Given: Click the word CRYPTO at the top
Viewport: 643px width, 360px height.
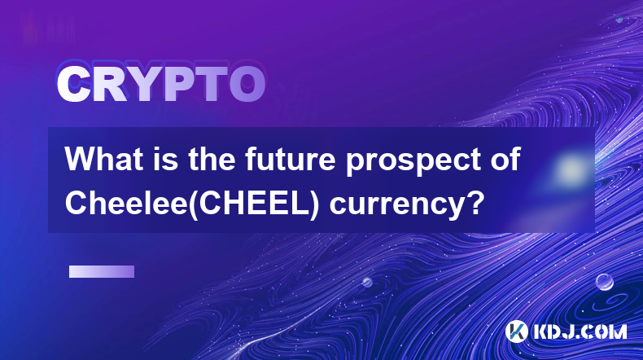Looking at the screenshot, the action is [x=161, y=84].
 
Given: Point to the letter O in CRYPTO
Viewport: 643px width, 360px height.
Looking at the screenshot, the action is [x=247, y=84].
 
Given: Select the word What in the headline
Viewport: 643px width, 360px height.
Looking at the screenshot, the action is [x=104, y=159].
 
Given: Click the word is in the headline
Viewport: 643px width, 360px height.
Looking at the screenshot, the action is [x=166, y=159].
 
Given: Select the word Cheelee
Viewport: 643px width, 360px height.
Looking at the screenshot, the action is [x=126, y=203].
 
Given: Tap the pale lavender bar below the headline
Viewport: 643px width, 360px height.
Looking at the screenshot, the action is [x=102, y=272].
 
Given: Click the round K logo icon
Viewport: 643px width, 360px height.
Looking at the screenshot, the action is [x=517, y=331].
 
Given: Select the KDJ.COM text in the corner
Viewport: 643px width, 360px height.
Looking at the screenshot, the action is [x=580, y=331].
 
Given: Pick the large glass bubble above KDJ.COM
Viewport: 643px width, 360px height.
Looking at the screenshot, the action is [x=604, y=282].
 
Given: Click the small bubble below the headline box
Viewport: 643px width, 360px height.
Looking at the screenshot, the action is [x=366, y=282].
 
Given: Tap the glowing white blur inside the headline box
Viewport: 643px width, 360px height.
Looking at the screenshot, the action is [x=571, y=169].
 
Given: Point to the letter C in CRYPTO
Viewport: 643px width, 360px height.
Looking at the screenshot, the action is [x=74, y=84].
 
